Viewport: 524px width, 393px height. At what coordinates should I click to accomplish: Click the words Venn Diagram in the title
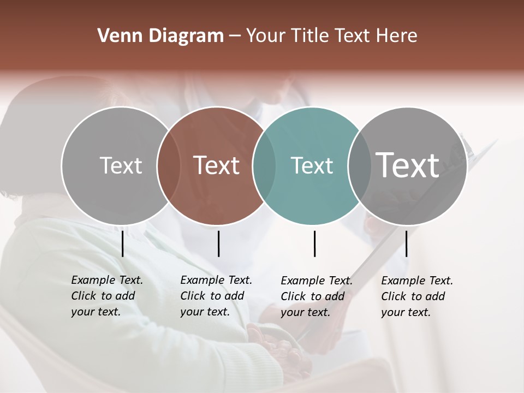tap(160, 36)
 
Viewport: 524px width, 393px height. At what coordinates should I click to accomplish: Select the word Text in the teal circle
tap(312, 165)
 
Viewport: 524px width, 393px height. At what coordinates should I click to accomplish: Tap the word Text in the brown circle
tap(216, 165)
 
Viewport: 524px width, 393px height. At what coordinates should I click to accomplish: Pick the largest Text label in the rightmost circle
tap(407, 165)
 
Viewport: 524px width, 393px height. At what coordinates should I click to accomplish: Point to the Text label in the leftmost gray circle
tap(121, 165)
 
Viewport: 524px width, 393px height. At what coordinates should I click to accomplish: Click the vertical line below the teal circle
tap(315, 243)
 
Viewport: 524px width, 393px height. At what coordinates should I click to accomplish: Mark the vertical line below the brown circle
tap(218, 243)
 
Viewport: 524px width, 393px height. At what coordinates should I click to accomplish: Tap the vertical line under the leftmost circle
tap(122, 243)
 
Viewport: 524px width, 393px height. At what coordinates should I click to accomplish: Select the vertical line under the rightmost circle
tap(407, 243)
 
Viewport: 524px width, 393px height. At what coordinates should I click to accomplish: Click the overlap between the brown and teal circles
tap(264, 165)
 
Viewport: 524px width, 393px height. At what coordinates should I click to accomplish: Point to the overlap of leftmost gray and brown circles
tap(168, 165)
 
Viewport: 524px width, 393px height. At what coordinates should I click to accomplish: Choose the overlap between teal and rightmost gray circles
tap(359, 165)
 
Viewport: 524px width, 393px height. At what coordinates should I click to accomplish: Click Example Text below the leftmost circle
tap(107, 280)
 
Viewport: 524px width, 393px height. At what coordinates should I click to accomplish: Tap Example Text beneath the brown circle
tap(216, 280)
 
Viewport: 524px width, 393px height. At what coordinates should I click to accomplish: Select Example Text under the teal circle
tap(317, 281)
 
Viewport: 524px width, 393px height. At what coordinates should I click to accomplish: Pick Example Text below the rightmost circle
tap(417, 281)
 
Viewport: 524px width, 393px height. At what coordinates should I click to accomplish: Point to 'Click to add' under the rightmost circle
tap(413, 296)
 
